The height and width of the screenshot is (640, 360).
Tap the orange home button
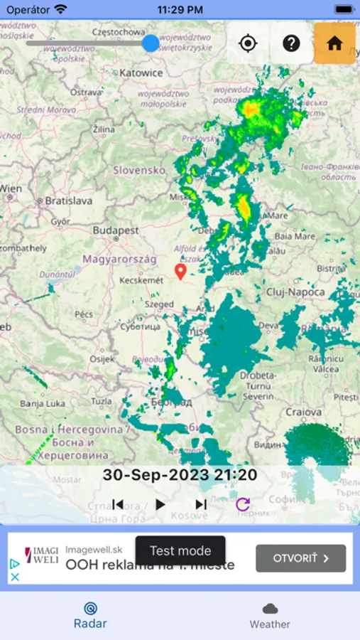tap(334, 43)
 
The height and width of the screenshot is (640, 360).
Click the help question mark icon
tap(291, 43)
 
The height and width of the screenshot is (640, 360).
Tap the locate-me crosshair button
tap(248, 43)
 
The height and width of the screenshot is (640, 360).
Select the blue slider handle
tap(151, 43)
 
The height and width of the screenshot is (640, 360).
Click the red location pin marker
tap(180, 271)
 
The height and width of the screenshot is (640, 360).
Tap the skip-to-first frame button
tap(118, 504)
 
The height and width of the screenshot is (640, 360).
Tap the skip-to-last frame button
tap(201, 504)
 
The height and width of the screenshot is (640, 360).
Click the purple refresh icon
tap(243, 504)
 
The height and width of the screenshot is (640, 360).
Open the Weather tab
tap(270, 615)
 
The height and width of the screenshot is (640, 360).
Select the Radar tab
tap(90, 615)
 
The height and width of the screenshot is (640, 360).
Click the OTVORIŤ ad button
tap(301, 558)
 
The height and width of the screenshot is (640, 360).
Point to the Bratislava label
tap(69, 201)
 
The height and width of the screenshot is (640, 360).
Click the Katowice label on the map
tap(141, 73)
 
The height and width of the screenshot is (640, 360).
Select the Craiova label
tap(304, 412)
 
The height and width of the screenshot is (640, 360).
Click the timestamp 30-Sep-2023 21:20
tap(180, 474)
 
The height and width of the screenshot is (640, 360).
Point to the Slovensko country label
tap(139, 171)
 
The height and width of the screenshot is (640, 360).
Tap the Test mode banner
tap(180, 550)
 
